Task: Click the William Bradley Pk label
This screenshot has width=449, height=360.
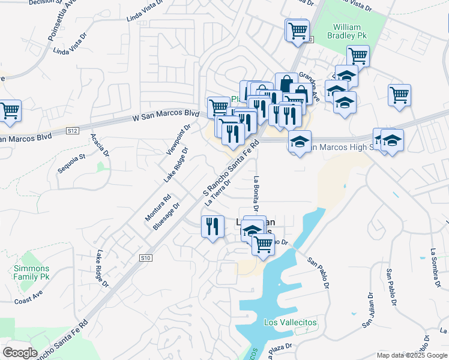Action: pyautogui.click(x=346, y=31)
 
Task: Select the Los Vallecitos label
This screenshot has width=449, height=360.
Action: pyautogui.click(x=290, y=322)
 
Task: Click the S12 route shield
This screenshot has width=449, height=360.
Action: pyautogui.click(x=73, y=130)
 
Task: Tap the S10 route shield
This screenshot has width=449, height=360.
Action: pyautogui.click(x=145, y=257)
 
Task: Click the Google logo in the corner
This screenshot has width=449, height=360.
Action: pyautogui.click(x=19, y=353)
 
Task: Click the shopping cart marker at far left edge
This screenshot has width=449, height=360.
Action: pyautogui.click(x=10, y=111)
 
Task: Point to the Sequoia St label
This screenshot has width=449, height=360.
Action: pyautogui.click(x=72, y=162)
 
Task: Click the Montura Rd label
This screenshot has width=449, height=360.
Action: pyautogui.click(x=158, y=207)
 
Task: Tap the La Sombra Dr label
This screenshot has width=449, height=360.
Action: pyautogui.click(x=435, y=264)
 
